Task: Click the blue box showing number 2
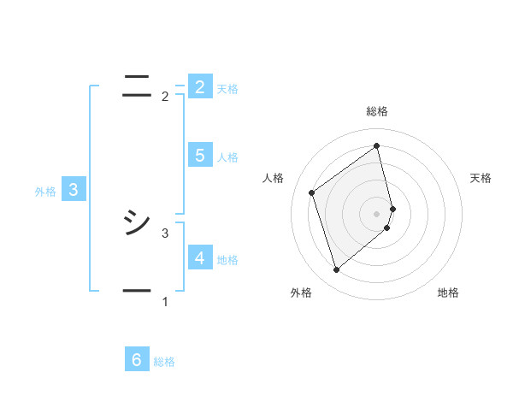[x=199, y=86]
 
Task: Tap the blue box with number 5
[x=199, y=155]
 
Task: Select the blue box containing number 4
[x=199, y=257]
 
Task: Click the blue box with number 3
[x=74, y=190]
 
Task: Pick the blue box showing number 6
[x=137, y=360]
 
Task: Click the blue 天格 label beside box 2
[x=227, y=88]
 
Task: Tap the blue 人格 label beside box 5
[x=227, y=157]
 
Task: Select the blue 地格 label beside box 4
[x=227, y=259]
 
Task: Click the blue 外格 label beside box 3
[x=45, y=192]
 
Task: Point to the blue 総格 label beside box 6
[x=164, y=362]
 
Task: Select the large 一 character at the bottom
[x=137, y=291]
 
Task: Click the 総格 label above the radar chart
[x=377, y=111]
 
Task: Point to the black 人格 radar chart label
[x=274, y=178]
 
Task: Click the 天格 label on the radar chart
[x=481, y=178]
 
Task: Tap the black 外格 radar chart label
[x=301, y=293]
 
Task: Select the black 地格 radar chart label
[x=448, y=293]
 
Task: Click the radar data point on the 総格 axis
[x=377, y=145]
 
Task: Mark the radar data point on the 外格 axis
[x=336, y=270]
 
